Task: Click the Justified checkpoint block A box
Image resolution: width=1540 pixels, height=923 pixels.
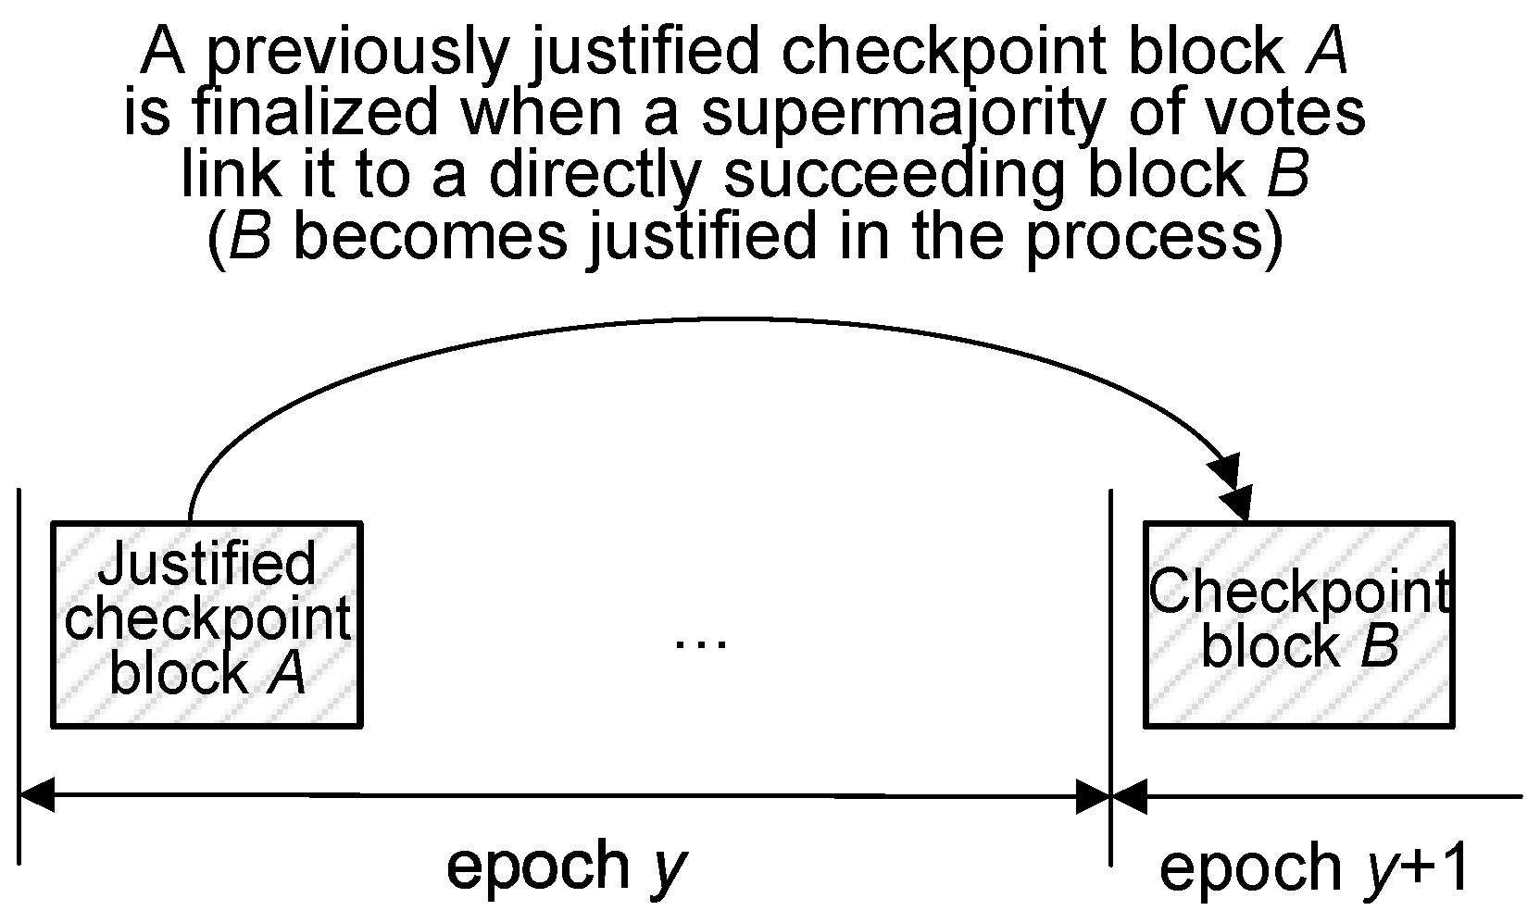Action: coord(206,624)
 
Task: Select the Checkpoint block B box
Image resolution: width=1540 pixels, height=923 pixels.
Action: coord(1298,624)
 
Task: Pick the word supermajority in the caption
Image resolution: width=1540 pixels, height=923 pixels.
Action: coord(902,112)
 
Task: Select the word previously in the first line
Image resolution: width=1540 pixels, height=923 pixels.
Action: coord(356,52)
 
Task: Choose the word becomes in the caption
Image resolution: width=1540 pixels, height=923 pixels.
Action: coord(430,235)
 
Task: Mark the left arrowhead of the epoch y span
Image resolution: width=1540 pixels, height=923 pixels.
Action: coord(37,795)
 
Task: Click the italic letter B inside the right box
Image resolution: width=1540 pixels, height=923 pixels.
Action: coord(1379,646)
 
